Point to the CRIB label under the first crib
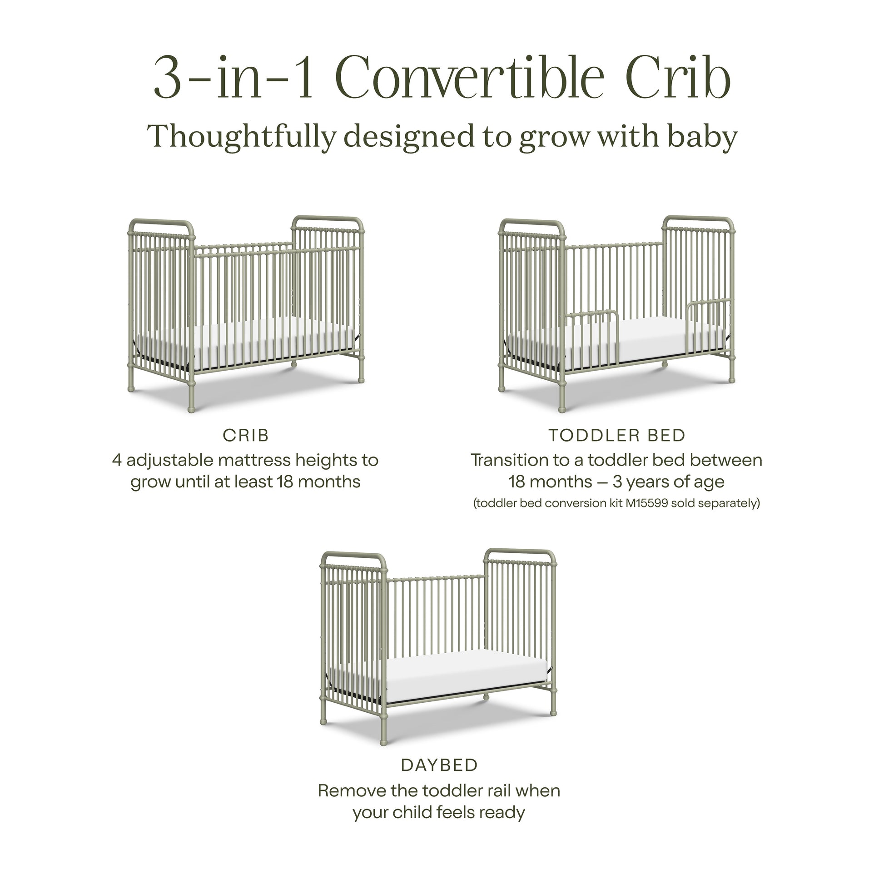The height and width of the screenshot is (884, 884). click(x=246, y=436)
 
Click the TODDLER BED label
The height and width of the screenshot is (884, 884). click(x=617, y=436)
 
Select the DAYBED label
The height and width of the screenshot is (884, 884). click(x=439, y=765)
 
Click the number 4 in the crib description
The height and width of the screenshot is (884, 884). click(x=117, y=460)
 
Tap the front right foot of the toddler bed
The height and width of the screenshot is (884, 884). click(x=732, y=379)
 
